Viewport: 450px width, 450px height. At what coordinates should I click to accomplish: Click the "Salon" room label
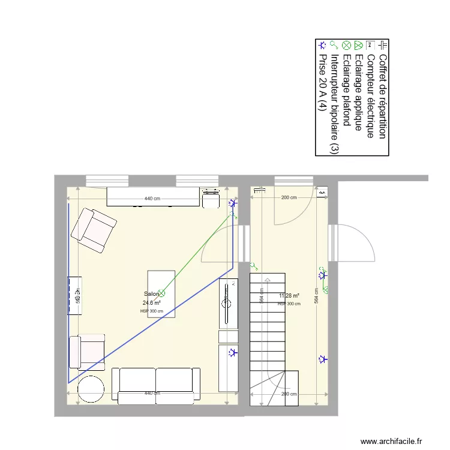[151, 294]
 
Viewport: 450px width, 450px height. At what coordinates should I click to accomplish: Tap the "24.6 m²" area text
[151, 303]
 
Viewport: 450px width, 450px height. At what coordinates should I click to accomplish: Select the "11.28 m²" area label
[289, 296]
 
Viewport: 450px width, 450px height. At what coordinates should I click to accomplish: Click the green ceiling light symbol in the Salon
[161, 293]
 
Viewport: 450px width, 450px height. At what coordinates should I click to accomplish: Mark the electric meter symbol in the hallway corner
[323, 191]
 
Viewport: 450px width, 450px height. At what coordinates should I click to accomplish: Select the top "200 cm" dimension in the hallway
[289, 198]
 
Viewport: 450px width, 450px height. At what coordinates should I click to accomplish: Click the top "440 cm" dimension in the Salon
[152, 198]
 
